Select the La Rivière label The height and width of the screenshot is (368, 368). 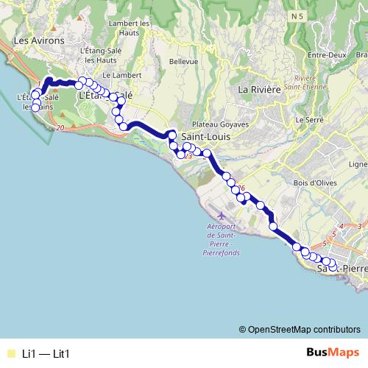pos(259,89)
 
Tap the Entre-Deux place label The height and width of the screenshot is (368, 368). pos(327,55)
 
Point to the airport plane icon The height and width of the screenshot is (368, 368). pos(221,213)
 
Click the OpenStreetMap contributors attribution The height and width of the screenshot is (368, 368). pos(300,329)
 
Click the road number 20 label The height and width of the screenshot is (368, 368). pos(60,128)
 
